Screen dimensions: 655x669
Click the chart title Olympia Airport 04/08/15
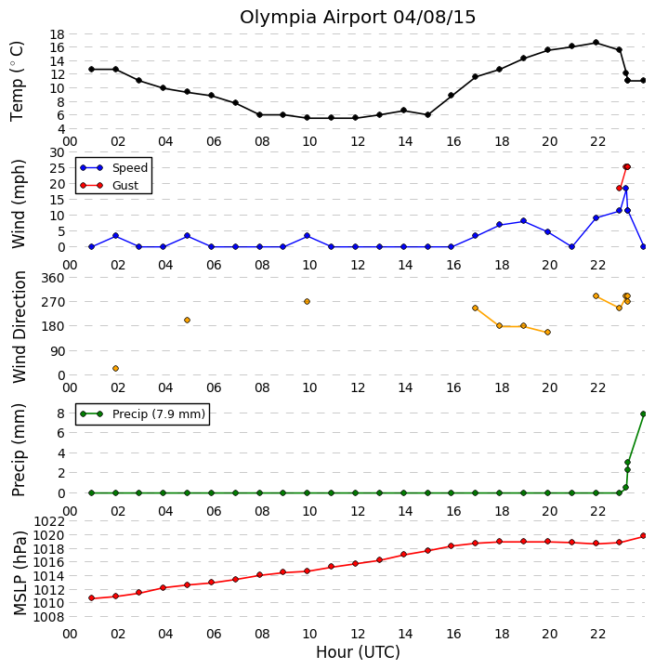click(x=358, y=18)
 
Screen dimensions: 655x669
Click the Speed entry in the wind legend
click(x=130, y=167)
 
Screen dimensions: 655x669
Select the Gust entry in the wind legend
click(x=125, y=186)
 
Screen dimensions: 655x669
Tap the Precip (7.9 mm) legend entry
click(x=159, y=413)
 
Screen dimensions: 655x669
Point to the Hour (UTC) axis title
click(x=358, y=652)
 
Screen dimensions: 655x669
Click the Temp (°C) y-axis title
click(x=17, y=81)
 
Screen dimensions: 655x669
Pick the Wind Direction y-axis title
click(x=20, y=327)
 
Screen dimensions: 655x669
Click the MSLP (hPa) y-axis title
click(x=20, y=573)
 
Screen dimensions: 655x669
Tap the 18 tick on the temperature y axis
click(x=58, y=34)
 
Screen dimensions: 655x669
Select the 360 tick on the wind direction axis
click(x=54, y=278)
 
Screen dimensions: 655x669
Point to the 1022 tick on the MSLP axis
click(x=50, y=521)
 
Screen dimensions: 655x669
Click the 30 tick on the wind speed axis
click(x=58, y=152)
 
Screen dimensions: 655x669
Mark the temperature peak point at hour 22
click(x=596, y=43)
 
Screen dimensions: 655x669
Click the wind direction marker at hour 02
click(x=115, y=368)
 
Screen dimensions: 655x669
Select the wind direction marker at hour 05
click(x=187, y=320)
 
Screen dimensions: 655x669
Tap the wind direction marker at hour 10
click(x=307, y=302)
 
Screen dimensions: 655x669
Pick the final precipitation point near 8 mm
click(x=644, y=413)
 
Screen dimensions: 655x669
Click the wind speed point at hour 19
click(x=523, y=220)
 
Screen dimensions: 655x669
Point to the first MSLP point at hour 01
click(x=91, y=598)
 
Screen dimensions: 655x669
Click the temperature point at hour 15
click(x=427, y=115)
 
